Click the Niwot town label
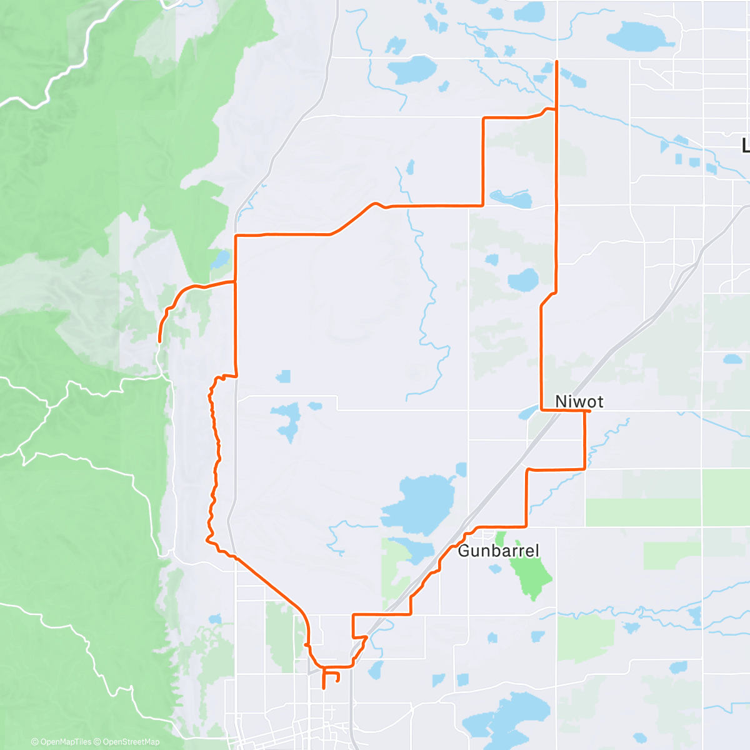coord(579,401)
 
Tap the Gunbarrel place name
coord(498,551)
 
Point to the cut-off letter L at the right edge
coord(745,146)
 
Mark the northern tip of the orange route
coord(556,61)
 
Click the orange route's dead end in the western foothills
coord(160,341)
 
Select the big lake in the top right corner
coord(637,36)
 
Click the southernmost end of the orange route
coord(323,688)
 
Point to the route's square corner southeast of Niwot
coord(584,468)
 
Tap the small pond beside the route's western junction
coord(220,259)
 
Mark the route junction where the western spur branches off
coord(235,282)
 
